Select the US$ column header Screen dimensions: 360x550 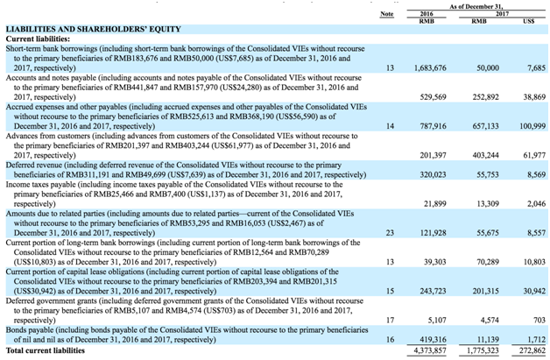click(528, 21)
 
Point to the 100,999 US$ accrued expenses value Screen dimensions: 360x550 click(528, 127)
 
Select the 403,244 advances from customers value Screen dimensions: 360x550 click(483, 154)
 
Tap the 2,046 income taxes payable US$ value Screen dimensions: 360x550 click(532, 203)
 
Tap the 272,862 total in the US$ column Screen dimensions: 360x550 click(529, 350)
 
